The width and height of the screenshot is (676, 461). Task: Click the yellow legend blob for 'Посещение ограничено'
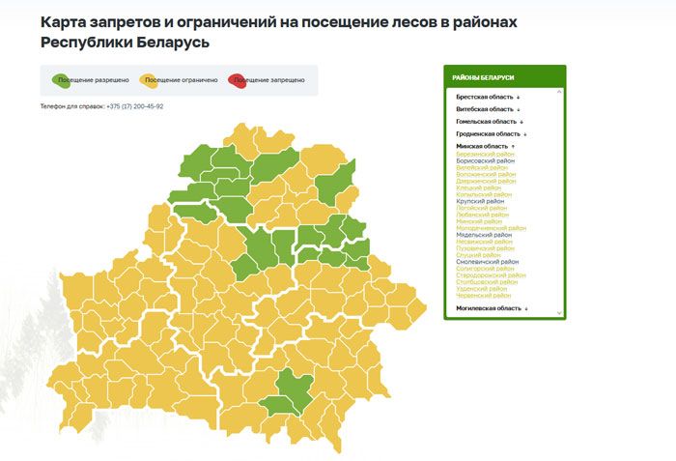(x=149, y=79)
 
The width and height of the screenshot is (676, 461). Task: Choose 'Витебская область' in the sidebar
(x=487, y=109)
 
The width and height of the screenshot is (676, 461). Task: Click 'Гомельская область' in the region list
(x=489, y=122)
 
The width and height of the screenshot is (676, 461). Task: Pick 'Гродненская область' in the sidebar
(x=490, y=133)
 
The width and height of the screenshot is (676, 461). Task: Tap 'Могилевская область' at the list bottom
(x=491, y=307)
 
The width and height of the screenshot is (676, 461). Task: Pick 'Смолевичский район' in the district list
(x=487, y=261)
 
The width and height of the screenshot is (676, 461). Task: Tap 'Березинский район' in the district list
(x=485, y=154)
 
